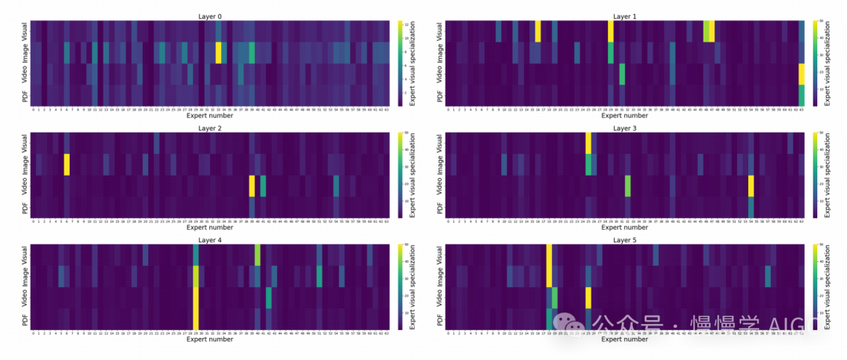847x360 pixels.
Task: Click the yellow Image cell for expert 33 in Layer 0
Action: [x=219, y=53]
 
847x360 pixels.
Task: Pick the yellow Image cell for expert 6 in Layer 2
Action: [x=67, y=165]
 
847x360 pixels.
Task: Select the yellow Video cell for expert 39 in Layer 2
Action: [x=252, y=186]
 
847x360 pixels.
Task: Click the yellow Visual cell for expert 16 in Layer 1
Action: [x=538, y=31]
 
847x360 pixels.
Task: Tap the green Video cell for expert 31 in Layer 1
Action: [x=622, y=74]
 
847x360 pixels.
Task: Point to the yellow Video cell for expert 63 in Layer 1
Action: [x=802, y=74]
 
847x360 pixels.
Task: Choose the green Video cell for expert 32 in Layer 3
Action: [x=627, y=186]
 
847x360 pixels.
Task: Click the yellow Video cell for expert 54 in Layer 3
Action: [x=751, y=186]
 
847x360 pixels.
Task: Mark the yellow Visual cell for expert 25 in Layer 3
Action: [x=588, y=144]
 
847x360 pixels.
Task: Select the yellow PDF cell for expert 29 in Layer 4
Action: [x=196, y=319]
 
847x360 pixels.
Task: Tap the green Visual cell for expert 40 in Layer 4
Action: [x=257, y=256]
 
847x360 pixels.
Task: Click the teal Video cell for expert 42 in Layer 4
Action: [x=269, y=298]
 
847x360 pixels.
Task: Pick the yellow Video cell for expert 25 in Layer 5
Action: [x=588, y=298]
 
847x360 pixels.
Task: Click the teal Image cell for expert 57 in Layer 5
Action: [x=768, y=277]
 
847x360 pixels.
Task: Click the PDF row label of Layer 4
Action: [x=24, y=319]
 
